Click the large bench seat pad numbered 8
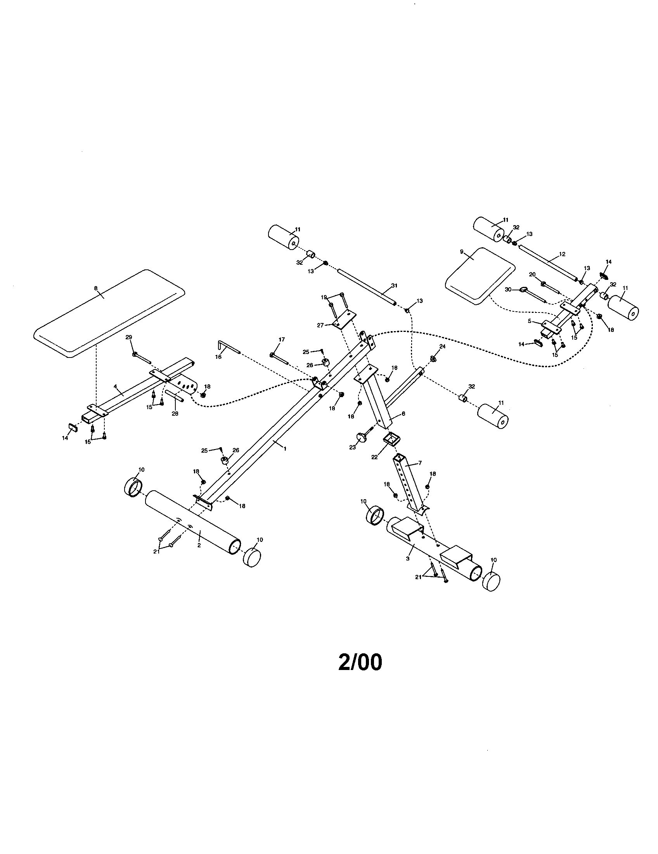tap(109, 313)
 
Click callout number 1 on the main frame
tap(285, 449)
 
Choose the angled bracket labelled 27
tap(343, 318)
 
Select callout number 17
tap(282, 339)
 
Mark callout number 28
tap(175, 414)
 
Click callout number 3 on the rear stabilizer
tap(407, 558)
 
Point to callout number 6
tap(403, 413)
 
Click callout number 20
tap(532, 274)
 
